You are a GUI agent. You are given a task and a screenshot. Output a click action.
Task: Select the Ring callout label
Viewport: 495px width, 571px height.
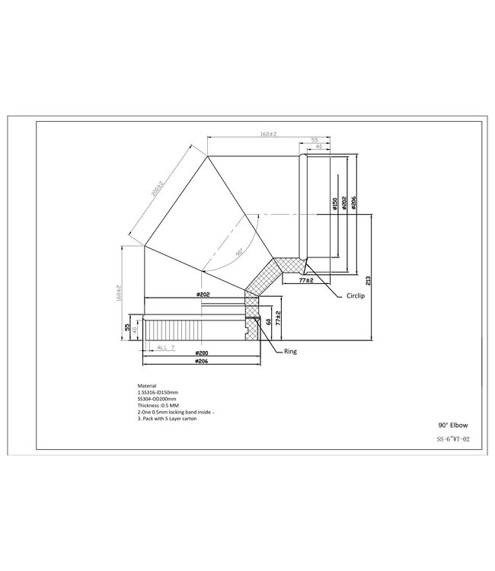[290, 352]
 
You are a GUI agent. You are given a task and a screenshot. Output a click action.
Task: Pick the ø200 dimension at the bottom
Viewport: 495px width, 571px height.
[202, 354]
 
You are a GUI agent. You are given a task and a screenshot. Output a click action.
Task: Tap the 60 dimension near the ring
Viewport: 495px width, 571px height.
[269, 322]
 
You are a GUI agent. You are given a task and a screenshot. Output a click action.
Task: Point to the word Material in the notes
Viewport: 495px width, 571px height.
[146, 386]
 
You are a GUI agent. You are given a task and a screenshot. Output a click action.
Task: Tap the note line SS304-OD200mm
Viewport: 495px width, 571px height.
[156, 398]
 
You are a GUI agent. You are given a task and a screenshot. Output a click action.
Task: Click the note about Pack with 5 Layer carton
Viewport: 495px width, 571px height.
[167, 419]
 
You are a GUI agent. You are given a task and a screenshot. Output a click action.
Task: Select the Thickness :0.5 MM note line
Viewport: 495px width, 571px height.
[156, 405]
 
